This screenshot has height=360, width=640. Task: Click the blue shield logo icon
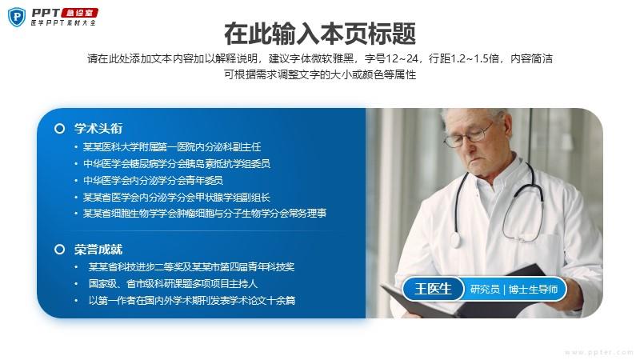click(x=17, y=17)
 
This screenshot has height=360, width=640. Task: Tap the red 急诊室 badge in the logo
click(x=79, y=13)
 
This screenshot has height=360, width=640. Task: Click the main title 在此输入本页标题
click(x=319, y=34)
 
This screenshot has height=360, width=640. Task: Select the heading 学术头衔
click(x=98, y=128)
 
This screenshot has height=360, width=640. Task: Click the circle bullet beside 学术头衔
click(x=59, y=129)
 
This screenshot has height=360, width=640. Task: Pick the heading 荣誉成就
click(x=98, y=249)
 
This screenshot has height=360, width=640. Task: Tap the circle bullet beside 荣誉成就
click(x=59, y=250)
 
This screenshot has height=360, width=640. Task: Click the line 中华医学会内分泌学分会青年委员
click(x=153, y=181)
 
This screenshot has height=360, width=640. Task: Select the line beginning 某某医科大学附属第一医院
click(x=172, y=147)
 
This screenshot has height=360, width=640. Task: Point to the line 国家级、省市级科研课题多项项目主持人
click(x=173, y=284)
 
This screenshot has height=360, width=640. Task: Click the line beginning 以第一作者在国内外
click(x=192, y=301)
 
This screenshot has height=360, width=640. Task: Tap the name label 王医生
click(x=433, y=289)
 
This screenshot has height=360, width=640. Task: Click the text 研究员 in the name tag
click(x=485, y=290)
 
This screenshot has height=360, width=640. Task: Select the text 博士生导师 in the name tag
click(x=533, y=290)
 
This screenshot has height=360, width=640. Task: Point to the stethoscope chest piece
click(x=454, y=238)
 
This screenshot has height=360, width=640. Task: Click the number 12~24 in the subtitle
click(x=402, y=58)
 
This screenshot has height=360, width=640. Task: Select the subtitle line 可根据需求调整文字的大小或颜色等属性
click(x=320, y=74)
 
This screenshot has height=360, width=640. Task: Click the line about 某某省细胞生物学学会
click(x=205, y=213)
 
